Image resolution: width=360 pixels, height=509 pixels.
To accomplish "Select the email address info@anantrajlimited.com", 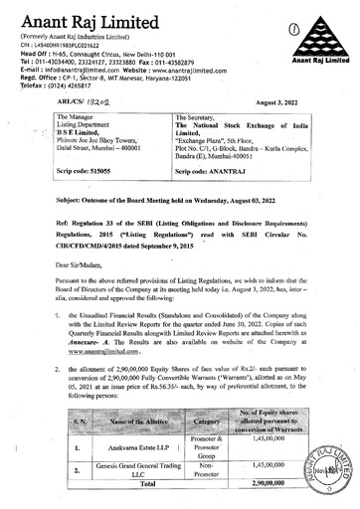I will point(76,66).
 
